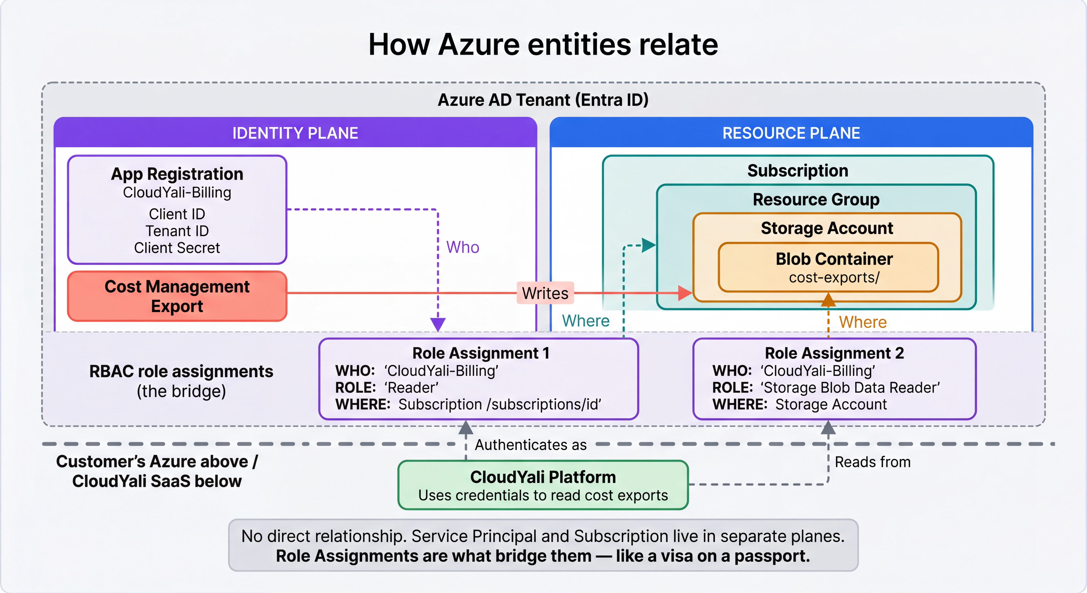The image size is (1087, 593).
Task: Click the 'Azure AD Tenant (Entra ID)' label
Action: (x=543, y=100)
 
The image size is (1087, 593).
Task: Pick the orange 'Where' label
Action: (x=863, y=322)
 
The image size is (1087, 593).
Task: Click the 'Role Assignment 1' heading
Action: (x=481, y=353)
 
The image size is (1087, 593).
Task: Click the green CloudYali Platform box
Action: (x=543, y=485)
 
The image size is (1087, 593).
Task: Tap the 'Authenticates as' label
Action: (x=530, y=445)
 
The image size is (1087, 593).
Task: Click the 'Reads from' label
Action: (x=872, y=462)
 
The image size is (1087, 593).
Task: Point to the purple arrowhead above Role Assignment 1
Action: (x=438, y=324)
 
